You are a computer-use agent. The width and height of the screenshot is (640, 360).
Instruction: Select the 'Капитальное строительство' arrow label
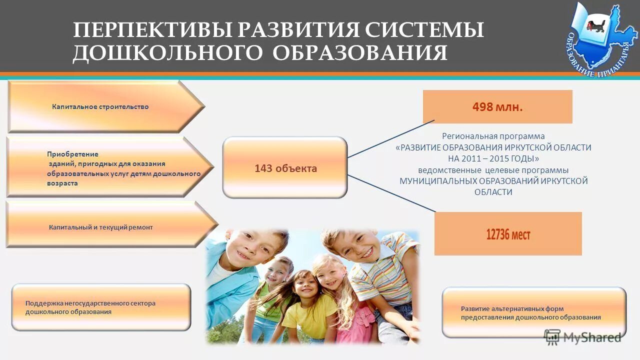100,107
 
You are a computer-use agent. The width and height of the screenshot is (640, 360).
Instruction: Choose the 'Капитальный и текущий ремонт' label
100,227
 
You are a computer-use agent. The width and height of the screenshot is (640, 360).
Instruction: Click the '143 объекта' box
285,168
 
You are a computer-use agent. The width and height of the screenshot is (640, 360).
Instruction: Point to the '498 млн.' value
497,107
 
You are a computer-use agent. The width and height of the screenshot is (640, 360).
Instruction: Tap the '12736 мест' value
507,234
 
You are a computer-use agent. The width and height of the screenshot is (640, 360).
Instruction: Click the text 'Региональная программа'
493,136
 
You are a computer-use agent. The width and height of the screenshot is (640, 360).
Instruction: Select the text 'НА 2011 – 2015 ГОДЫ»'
493,159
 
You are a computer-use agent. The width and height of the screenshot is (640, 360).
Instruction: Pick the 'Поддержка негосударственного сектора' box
90,307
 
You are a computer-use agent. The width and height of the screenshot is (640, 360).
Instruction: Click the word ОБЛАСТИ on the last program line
493,192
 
